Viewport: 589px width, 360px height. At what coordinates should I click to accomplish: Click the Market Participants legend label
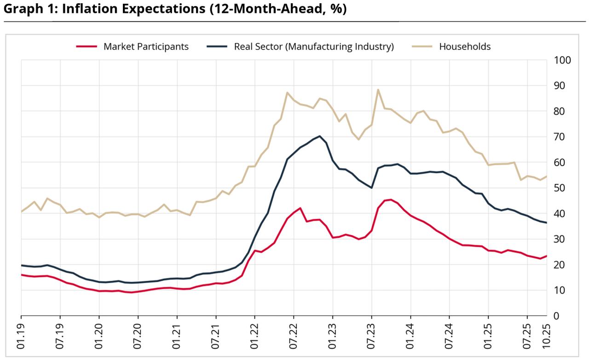[146, 46]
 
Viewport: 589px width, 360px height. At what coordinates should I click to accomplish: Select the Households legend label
[465, 46]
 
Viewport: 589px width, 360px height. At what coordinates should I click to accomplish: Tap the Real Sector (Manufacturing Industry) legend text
[314, 46]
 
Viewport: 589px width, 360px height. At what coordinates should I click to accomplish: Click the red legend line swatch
[87, 46]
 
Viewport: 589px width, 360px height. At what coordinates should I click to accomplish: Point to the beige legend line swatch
[422, 46]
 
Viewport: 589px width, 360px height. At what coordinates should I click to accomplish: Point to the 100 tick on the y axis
[563, 60]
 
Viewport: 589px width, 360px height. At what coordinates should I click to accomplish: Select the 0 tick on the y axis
[556, 316]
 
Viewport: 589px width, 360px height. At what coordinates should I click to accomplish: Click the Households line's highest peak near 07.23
[378, 90]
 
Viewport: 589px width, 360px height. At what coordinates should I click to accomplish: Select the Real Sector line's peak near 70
[320, 136]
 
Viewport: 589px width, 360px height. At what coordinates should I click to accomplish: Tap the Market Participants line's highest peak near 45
[391, 199]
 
